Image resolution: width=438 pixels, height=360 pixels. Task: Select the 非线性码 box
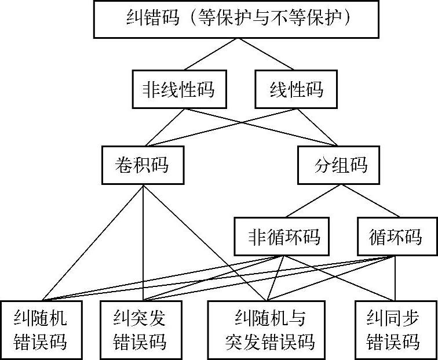coord(178,90)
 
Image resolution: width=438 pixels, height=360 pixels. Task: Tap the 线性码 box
coord(297,90)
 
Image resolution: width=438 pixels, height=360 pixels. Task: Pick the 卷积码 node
coord(143,165)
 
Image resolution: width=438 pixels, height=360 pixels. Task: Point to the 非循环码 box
coord(284,237)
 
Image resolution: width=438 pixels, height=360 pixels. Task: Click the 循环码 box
coord(396,237)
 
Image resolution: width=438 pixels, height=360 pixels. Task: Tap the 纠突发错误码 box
coord(140,329)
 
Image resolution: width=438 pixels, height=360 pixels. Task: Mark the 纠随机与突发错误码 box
coord(270,329)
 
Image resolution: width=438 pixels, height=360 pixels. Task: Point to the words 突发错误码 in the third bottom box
coord(270,341)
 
